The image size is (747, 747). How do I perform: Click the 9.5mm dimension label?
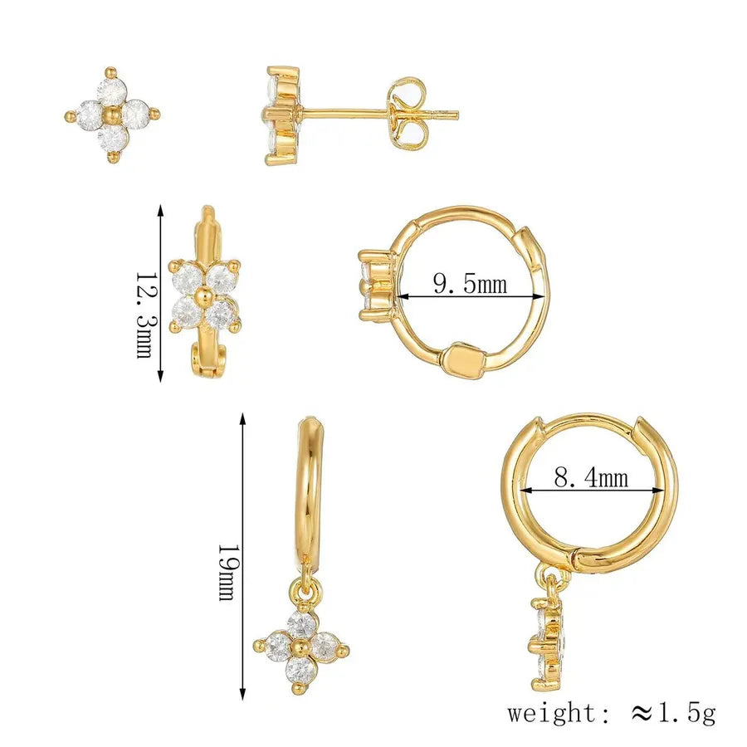[470, 285]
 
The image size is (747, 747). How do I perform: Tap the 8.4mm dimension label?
[591, 477]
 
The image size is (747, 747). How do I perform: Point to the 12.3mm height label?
[144, 315]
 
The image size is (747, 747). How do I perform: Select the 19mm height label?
[227, 572]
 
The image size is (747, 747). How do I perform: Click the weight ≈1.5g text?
[611, 713]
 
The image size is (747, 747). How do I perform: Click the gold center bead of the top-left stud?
[112, 115]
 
